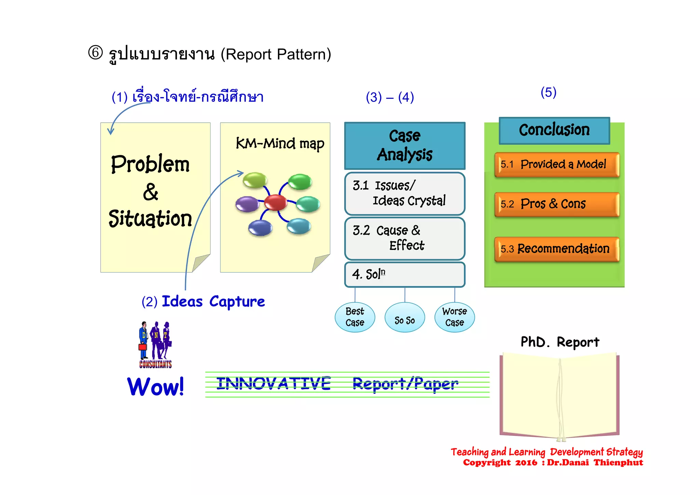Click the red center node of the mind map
tap(275, 202)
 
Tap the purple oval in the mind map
tap(247, 204)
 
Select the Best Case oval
tap(355, 317)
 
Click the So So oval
tap(405, 318)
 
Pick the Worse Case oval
tap(454, 317)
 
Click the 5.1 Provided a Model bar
tap(557, 164)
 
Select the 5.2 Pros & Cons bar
tap(557, 204)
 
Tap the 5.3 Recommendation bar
tap(557, 249)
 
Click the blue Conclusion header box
tap(554, 130)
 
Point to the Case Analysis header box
tap(405, 146)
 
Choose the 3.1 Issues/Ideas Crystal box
tap(405, 193)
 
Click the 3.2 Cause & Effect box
tap(405, 238)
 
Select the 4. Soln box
tap(405, 275)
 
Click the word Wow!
tap(156, 387)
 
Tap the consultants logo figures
tap(156, 344)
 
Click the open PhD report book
tap(560, 397)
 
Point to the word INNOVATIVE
tap(273, 384)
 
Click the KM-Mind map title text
tap(280, 144)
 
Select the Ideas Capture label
tap(213, 302)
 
